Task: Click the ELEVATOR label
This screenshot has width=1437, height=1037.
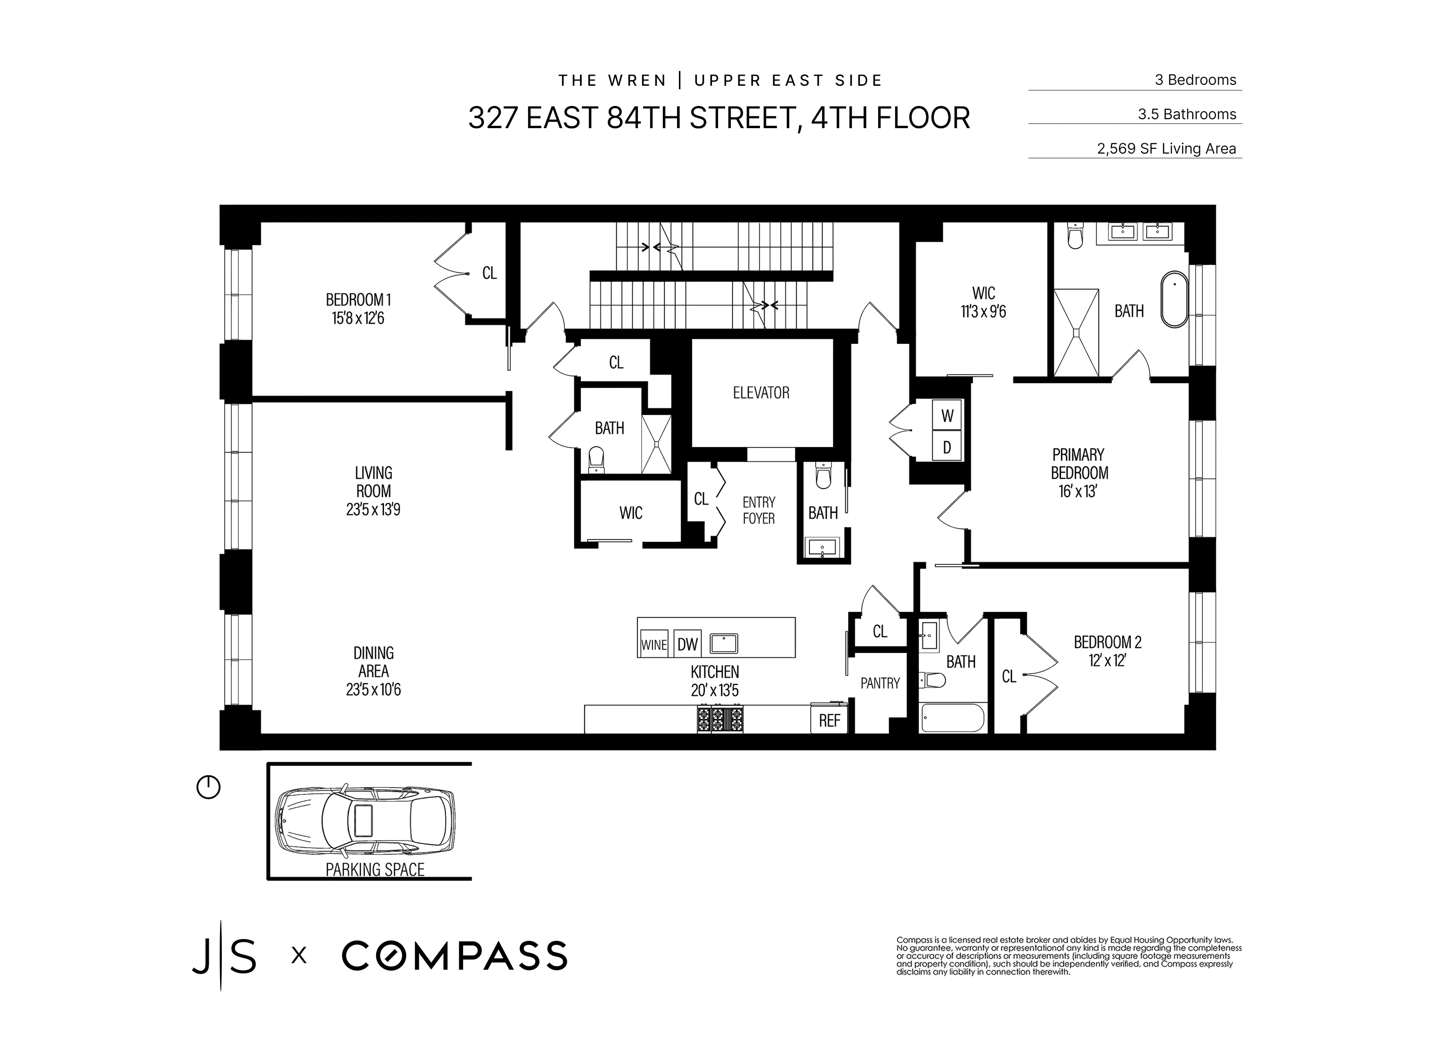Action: coord(761,393)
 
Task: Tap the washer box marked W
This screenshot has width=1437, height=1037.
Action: coord(947,416)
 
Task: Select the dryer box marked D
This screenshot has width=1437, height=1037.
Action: coord(947,447)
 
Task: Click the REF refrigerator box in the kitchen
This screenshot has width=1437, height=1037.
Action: coord(829,720)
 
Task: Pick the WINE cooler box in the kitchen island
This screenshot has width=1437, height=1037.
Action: coord(654,644)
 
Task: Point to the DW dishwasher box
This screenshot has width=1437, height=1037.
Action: coord(687,644)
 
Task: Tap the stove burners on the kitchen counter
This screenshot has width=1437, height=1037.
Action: coord(720,719)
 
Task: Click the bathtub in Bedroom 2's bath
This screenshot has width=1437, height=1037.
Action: coord(952,718)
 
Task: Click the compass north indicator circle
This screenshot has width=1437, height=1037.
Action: coord(208,787)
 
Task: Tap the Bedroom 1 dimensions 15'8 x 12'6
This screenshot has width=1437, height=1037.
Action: coord(358,318)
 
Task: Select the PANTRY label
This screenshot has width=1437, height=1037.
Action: coord(880,683)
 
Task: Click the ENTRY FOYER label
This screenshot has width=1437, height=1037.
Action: coord(759,510)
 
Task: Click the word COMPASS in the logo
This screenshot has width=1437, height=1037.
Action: coord(454,956)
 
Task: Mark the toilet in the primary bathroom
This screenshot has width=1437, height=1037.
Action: coord(1075,237)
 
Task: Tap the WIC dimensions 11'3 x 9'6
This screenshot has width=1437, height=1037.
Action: coord(983,312)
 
